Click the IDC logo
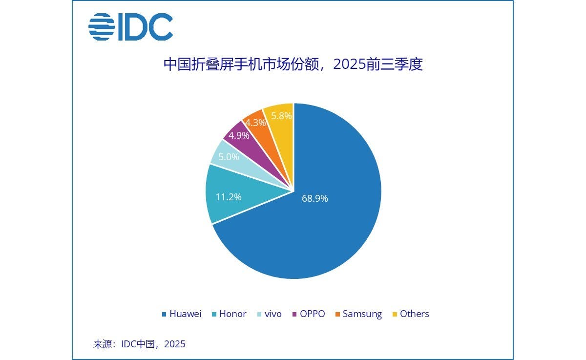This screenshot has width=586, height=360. tap(130, 26)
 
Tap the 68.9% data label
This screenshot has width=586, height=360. tap(315, 198)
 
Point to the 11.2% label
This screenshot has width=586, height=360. tap(229, 197)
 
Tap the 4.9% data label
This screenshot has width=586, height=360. tap(239, 136)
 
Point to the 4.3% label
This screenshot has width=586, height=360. tap(255, 123)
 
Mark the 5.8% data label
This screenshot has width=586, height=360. tap(281, 116)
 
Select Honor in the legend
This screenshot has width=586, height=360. tap(229, 314)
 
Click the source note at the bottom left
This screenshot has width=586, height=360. tap(139, 344)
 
